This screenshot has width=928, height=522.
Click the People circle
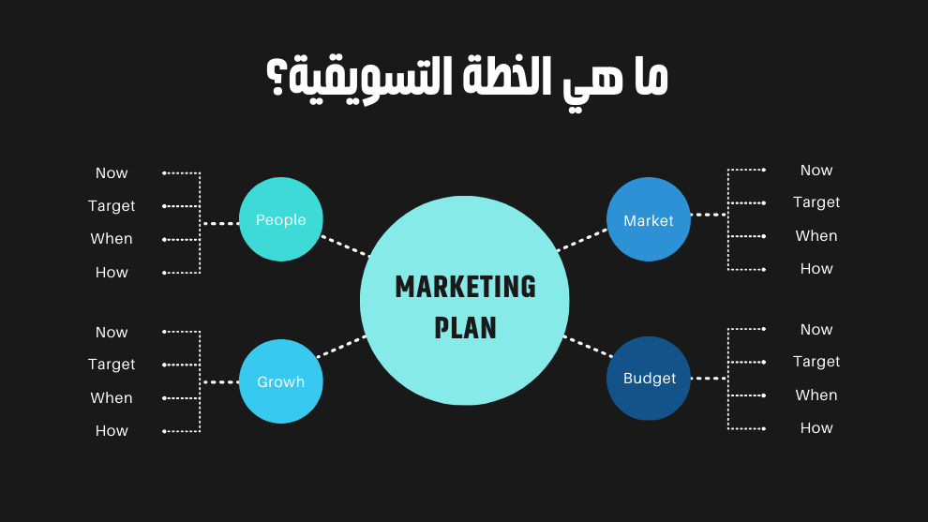click(281, 219)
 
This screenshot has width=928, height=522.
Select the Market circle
click(649, 219)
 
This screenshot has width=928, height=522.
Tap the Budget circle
click(649, 379)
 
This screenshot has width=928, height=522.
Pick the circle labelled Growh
click(281, 381)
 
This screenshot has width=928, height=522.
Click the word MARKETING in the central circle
click(465, 287)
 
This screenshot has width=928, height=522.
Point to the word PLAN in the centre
click(465, 328)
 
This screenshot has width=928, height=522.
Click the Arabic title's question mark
click(278, 82)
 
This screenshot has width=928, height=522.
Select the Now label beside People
click(112, 173)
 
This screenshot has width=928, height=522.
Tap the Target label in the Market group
click(816, 202)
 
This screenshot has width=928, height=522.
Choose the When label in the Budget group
click(816, 395)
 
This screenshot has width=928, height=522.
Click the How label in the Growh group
click(112, 431)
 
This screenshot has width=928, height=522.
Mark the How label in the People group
click(112, 273)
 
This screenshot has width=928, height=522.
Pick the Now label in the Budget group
click(816, 330)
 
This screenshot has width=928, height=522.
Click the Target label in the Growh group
click(112, 365)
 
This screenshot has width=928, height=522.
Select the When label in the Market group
click(816, 236)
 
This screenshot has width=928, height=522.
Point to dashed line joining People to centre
click(345, 246)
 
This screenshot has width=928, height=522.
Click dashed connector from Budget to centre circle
click(588, 346)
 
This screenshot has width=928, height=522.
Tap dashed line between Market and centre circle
click(582, 240)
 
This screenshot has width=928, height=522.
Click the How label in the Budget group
click(816, 428)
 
